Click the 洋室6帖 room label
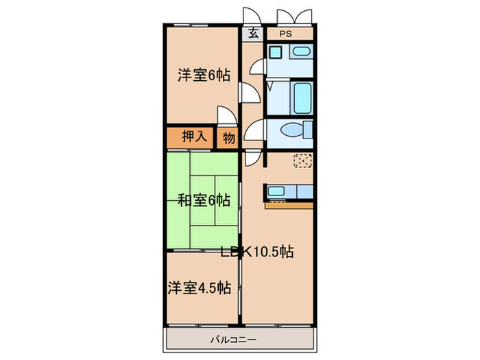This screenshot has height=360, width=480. (x=204, y=76)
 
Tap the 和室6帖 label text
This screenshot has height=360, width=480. (x=204, y=200)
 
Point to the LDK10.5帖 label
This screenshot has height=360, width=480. (x=258, y=252)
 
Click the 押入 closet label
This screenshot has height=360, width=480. (x=194, y=136)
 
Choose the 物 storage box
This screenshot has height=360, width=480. (x=228, y=137)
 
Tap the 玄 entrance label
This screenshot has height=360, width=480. (x=253, y=33)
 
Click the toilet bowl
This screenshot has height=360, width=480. (x=296, y=130)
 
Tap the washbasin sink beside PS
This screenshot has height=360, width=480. (x=300, y=53)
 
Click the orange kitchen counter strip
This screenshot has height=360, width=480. (x=288, y=204)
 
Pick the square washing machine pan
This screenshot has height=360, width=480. (x=275, y=53)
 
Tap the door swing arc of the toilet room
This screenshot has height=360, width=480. (x=256, y=128)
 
